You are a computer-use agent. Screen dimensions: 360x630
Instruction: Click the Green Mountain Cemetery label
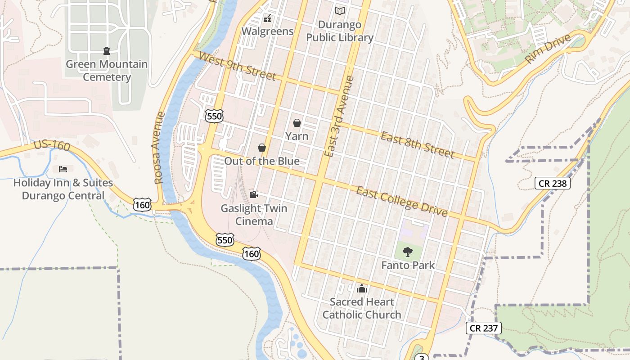107,71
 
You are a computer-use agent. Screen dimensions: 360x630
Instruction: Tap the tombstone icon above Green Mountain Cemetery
107,50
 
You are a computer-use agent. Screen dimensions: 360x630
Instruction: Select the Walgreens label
267,31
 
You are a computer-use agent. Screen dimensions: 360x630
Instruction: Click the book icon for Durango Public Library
340,11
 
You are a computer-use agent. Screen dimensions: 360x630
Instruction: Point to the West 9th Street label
237,67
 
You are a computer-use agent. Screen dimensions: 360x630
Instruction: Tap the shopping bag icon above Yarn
297,123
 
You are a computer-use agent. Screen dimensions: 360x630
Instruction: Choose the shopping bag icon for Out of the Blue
262,148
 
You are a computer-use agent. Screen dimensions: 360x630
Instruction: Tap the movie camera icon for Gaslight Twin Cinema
254,194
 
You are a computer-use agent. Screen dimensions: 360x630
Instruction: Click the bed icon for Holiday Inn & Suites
63,169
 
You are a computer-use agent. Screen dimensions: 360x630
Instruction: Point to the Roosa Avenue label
159,148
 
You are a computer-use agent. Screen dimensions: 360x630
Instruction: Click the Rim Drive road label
548,49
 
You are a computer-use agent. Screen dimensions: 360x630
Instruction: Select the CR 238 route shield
553,183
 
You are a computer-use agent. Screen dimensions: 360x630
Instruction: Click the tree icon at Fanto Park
408,252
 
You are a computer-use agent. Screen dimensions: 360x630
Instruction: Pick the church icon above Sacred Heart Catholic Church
362,288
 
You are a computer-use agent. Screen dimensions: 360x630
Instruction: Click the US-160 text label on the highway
52,145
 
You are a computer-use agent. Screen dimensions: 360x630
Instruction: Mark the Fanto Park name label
408,265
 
